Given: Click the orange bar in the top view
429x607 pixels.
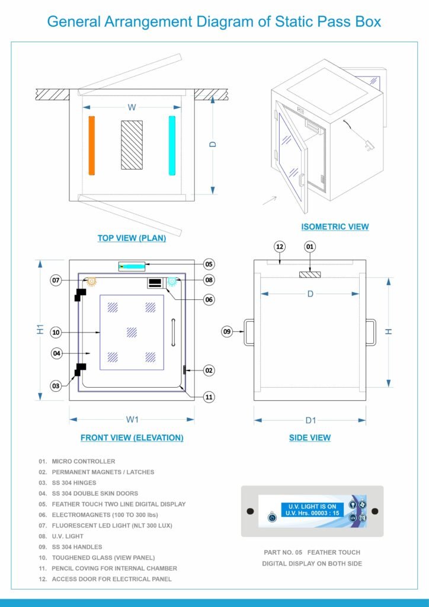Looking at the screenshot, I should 92,145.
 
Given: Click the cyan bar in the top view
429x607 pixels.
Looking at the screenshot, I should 172,145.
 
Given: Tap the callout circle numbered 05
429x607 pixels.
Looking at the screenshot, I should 209,264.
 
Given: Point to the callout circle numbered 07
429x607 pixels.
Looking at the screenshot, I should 56,280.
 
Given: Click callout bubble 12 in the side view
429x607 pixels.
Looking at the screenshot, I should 280,246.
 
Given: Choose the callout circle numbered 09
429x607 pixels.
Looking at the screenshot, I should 227,332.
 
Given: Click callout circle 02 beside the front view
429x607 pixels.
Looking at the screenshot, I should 209,370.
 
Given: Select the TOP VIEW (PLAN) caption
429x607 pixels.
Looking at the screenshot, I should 132,238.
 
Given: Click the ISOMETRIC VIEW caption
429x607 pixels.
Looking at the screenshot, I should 335,226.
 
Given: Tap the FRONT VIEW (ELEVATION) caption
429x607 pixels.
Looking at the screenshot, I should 132,438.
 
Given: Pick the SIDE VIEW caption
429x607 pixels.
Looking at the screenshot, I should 310,438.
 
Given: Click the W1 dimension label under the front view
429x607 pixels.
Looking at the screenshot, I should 132,420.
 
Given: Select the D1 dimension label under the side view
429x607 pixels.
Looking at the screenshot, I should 310,420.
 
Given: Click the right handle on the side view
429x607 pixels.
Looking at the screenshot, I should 370,332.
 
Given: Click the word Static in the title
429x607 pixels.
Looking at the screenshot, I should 297,22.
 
